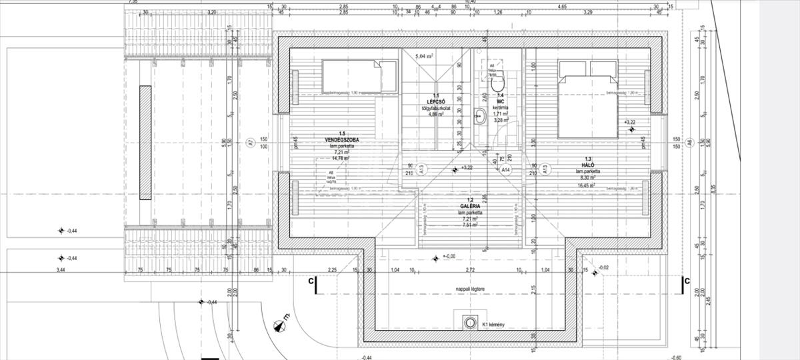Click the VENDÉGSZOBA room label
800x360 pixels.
342,140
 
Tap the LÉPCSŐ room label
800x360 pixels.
435,102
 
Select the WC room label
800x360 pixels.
500,102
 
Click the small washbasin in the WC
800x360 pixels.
479,117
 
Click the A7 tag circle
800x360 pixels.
251,141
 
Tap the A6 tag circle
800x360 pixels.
690,141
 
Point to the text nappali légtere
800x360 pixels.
474,289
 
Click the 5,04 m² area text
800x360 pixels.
425,57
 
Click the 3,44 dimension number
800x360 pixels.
61,270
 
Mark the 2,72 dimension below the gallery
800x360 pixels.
470,269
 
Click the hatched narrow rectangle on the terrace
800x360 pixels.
144,143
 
